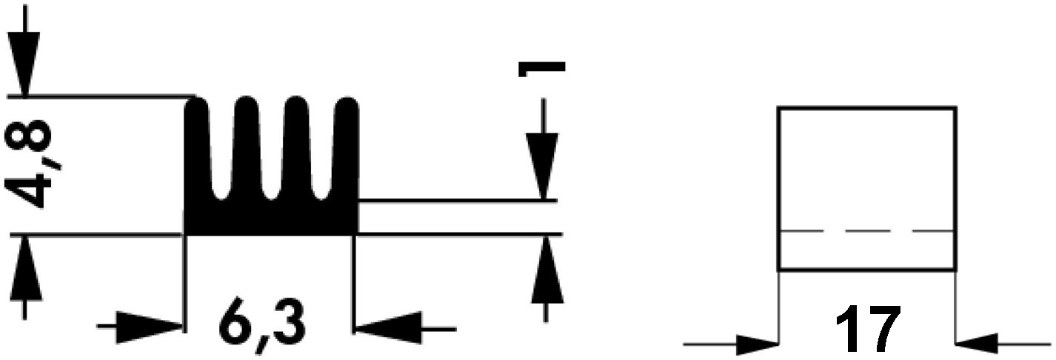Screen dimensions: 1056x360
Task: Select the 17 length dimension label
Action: click(868, 330)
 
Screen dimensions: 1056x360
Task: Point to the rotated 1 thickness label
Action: click(541, 68)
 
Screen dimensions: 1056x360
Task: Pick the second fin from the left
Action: click(247, 146)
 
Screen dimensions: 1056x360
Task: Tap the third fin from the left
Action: click(298, 146)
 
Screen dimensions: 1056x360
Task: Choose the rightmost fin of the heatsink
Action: click(347, 146)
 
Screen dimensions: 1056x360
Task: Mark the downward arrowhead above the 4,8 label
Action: click(24, 64)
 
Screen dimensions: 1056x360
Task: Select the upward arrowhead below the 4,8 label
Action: click(24, 268)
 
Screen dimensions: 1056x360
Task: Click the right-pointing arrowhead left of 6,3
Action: click(149, 327)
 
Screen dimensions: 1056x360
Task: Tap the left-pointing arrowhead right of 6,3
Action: click(389, 327)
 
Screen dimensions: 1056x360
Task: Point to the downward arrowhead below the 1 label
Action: click(543, 166)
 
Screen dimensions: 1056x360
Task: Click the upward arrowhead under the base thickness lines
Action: click(547, 269)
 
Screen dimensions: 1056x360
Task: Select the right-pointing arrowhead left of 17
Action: click(757, 344)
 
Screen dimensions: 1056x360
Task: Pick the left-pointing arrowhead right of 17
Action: click(976, 344)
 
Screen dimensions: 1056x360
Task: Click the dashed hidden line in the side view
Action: click(867, 231)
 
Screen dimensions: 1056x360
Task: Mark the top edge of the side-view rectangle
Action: click(867, 109)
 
